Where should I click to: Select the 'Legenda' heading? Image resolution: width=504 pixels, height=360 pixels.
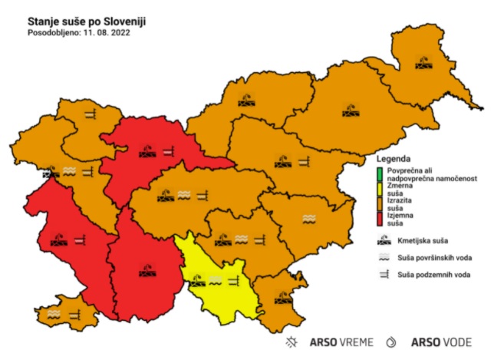click(389, 158)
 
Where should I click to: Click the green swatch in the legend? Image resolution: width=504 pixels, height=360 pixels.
click(380, 173)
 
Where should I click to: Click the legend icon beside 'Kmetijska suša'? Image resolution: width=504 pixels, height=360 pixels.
click(380, 240)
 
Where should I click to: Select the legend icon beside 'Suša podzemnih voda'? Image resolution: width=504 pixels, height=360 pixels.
click(380, 274)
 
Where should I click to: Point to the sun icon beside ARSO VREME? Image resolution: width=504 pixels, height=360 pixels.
click(291, 342)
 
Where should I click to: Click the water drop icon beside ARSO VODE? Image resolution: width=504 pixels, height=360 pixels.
click(392, 342)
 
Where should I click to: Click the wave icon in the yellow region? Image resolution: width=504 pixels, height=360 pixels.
click(215, 279)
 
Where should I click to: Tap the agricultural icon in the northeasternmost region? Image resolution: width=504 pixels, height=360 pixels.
click(423, 62)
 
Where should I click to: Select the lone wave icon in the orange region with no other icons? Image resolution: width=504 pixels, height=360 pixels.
click(308, 219)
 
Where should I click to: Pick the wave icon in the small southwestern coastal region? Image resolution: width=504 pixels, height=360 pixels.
click(54, 313)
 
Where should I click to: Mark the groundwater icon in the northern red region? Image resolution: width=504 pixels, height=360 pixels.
click(166, 152)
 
